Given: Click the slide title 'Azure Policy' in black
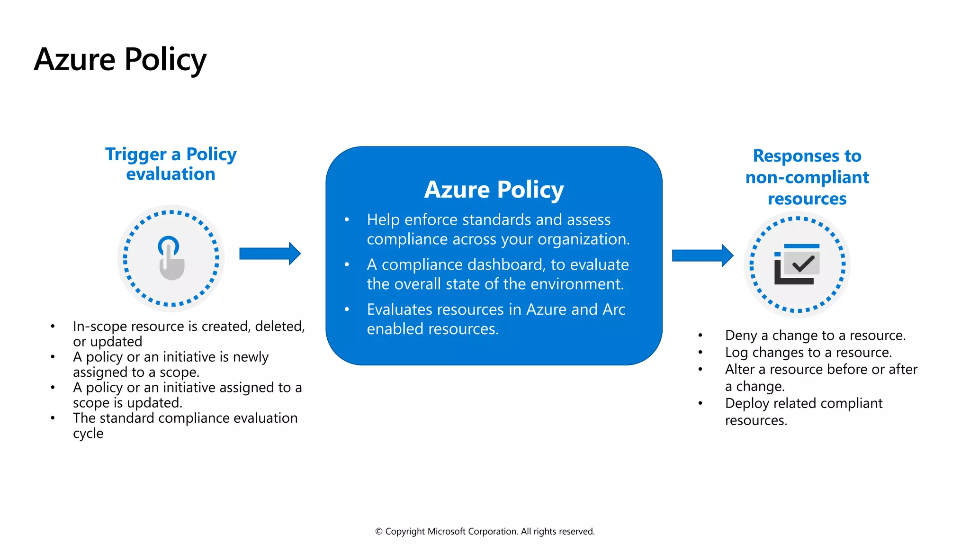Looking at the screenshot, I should (120, 60).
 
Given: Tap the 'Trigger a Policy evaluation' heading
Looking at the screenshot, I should (171, 164).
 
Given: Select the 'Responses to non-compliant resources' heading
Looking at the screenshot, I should (807, 177).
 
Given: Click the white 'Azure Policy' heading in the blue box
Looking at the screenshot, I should (494, 190).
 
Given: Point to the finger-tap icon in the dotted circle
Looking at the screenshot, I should (171, 258).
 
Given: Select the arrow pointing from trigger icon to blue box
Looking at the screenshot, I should (269, 254).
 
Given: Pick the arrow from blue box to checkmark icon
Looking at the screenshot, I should (702, 255).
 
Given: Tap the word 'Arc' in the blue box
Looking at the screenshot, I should (614, 309).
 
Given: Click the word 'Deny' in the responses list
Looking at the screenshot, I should (741, 336).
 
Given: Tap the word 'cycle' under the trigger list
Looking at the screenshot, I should (88, 434).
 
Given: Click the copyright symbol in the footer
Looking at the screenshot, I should (379, 532).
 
